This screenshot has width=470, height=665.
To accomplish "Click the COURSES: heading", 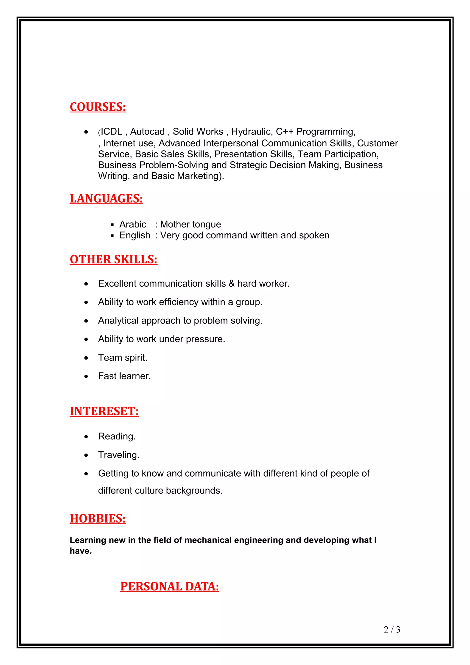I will [98, 107].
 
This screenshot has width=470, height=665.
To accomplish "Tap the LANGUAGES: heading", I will [106, 198].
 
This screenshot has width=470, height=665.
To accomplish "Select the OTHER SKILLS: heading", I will [114, 259].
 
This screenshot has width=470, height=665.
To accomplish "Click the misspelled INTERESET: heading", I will [104, 411].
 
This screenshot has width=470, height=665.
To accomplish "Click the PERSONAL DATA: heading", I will [170, 587].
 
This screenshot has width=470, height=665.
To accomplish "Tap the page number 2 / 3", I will [392, 629].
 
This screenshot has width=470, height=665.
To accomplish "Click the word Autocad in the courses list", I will [147, 132].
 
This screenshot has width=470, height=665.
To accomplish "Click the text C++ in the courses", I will [285, 132].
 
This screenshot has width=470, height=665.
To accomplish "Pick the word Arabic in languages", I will [133, 224].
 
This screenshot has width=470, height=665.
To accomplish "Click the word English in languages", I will [135, 235].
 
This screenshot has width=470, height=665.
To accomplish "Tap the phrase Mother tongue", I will [190, 224].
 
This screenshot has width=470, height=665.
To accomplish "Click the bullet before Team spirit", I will [86, 358].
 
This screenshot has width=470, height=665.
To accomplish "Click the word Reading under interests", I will [116, 436].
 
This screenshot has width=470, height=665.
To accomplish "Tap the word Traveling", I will [118, 455].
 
